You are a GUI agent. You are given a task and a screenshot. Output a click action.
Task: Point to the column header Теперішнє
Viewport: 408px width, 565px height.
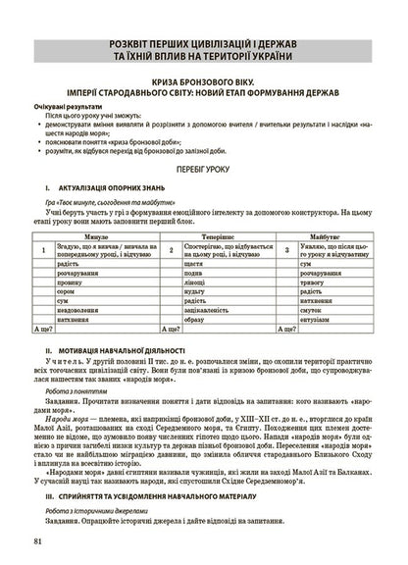click(x=217, y=237)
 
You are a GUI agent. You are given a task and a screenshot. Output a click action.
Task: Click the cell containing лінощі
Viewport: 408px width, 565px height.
click(x=194, y=282)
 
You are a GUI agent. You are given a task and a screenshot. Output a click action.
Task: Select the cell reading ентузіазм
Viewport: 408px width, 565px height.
click(x=316, y=320)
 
